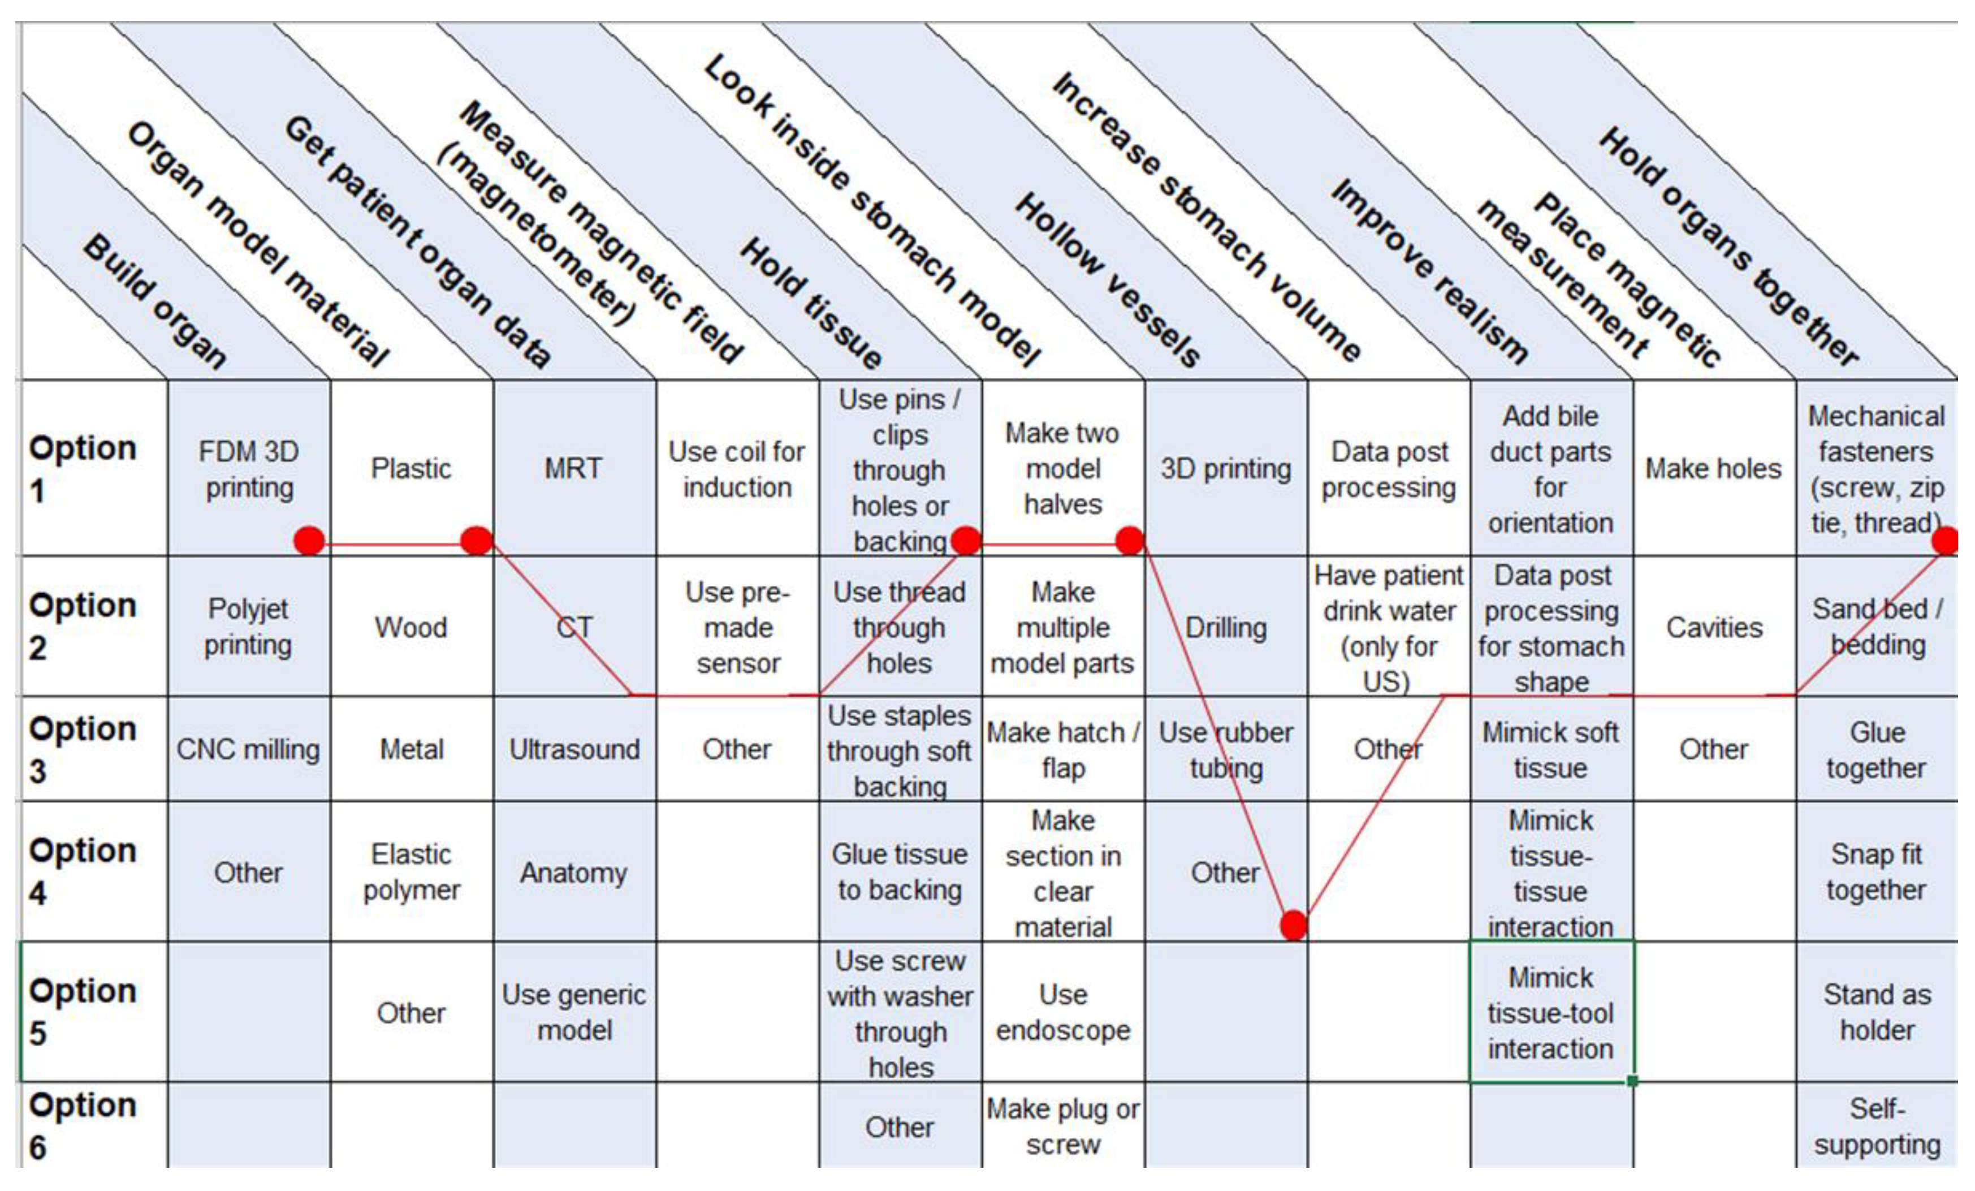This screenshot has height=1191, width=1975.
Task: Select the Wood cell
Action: point(411,627)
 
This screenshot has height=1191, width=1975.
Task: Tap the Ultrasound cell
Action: point(574,749)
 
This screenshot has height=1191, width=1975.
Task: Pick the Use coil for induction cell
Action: point(737,469)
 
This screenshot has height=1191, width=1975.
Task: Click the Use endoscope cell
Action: point(1063,1012)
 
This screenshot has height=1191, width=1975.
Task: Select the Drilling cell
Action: point(1226,627)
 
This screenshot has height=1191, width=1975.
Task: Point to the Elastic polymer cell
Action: point(411,872)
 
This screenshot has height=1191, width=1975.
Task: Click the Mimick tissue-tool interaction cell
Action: point(1550,1012)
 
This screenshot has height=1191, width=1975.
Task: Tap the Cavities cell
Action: point(1714,627)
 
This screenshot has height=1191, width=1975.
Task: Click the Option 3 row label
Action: point(83,749)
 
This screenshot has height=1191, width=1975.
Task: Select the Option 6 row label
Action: point(83,1125)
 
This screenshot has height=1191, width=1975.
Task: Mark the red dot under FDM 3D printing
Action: point(309,541)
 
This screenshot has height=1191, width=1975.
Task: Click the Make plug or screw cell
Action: point(1063,1125)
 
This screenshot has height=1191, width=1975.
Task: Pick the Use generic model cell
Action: point(574,1012)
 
